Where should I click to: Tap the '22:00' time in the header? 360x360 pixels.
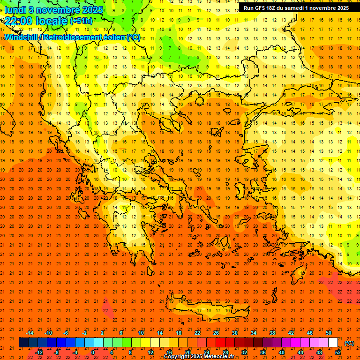[x=19, y=21]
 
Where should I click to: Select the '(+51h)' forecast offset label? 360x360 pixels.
[x=81, y=21]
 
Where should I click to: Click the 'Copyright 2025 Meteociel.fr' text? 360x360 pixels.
[x=199, y=357]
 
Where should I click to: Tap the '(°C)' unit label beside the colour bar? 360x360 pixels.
[x=349, y=343]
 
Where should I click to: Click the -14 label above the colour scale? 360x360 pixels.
[x=30, y=333]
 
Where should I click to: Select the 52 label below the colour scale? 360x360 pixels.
[x=338, y=352]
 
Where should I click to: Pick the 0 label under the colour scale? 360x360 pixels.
[x=93, y=352]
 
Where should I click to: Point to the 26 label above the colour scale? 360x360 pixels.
[x=216, y=333]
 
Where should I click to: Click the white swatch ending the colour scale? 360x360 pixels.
[x=333, y=343]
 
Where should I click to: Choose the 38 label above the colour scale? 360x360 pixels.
[x=272, y=333]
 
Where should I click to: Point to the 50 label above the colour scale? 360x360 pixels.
[x=329, y=333]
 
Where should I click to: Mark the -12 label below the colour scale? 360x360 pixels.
[x=39, y=352]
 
